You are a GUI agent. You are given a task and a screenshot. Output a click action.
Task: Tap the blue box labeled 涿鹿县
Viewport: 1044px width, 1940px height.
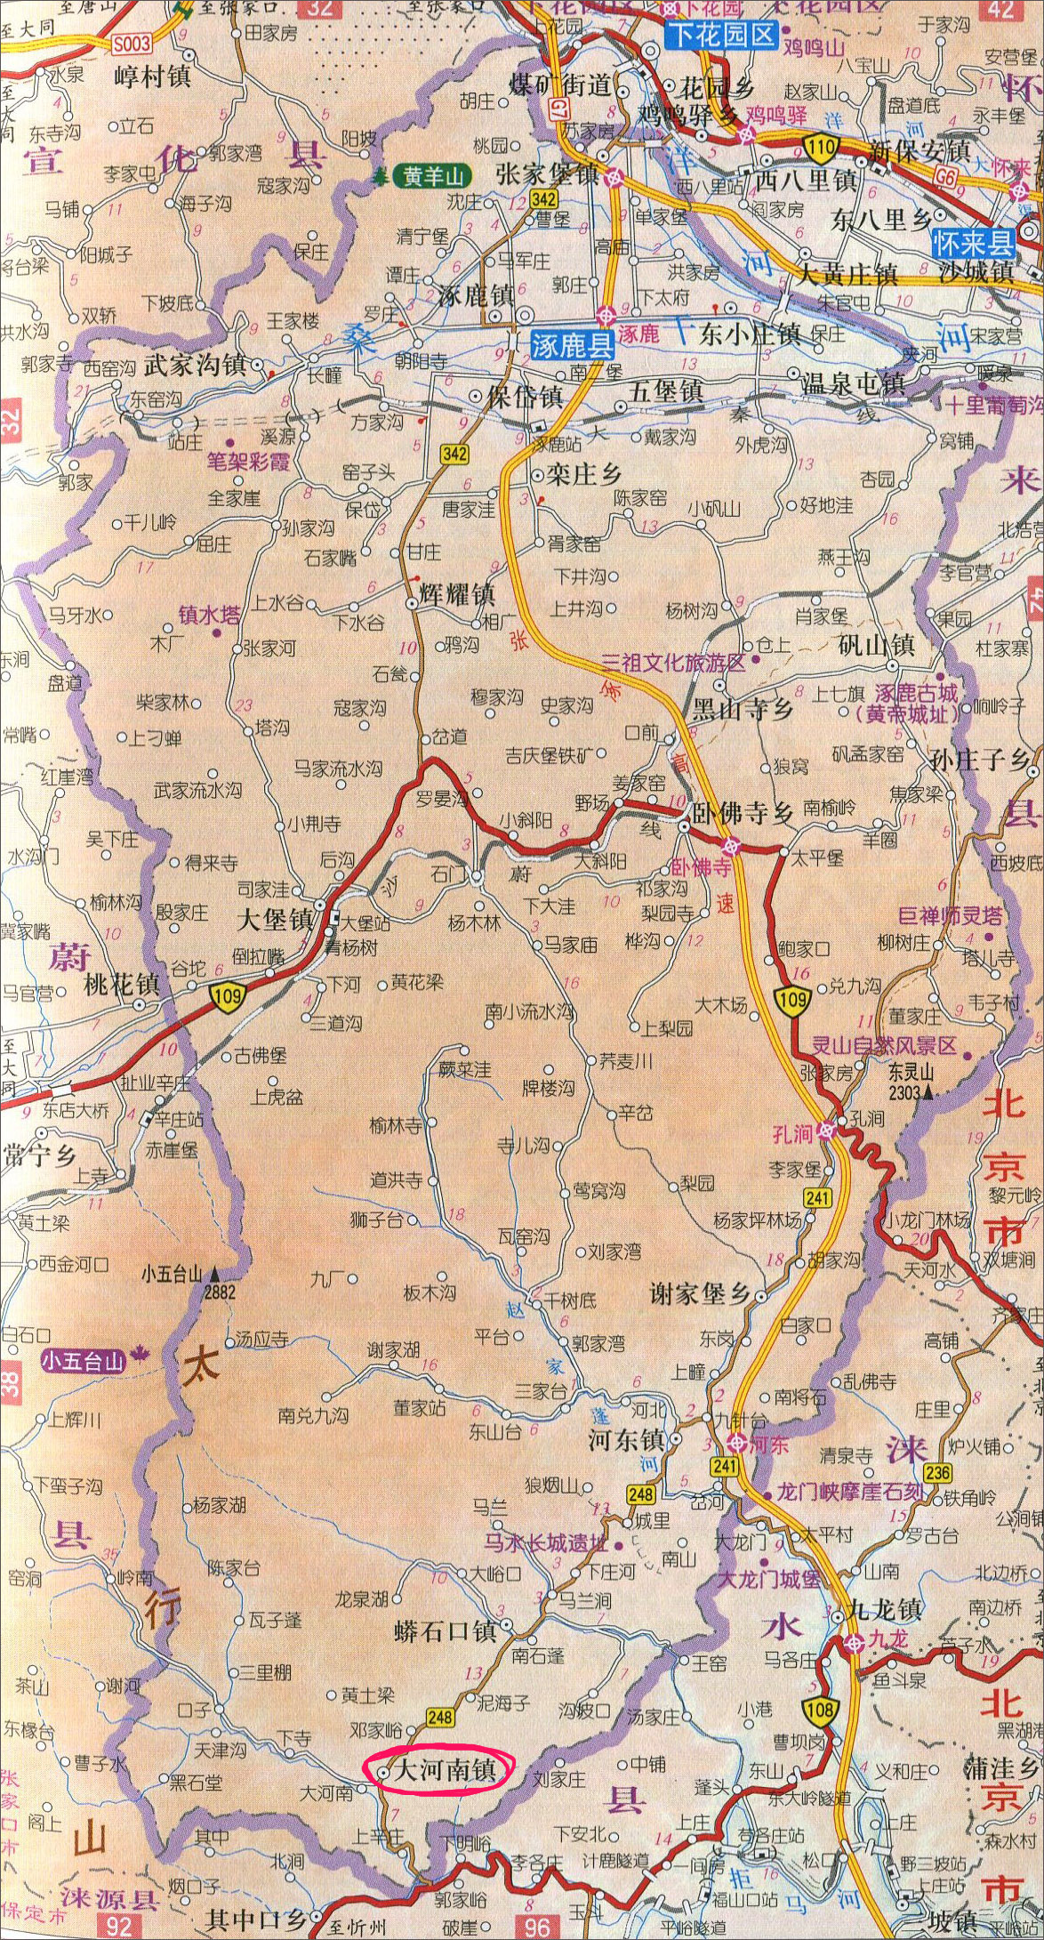pyautogui.click(x=573, y=344)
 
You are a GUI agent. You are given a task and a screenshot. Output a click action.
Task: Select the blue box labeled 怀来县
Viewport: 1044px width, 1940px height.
pyautogui.click(x=973, y=242)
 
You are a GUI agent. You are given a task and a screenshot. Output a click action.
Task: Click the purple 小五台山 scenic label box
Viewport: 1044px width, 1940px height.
pyautogui.click(x=84, y=1360)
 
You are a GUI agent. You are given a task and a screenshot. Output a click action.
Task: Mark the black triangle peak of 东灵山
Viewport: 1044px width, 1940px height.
pyautogui.click(x=928, y=1091)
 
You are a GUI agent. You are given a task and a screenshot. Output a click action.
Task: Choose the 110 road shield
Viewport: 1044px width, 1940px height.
pyautogui.click(x=821, y=145)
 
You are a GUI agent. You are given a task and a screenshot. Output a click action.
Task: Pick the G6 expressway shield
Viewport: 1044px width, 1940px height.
pyautogui.click(x=950, y=177)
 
